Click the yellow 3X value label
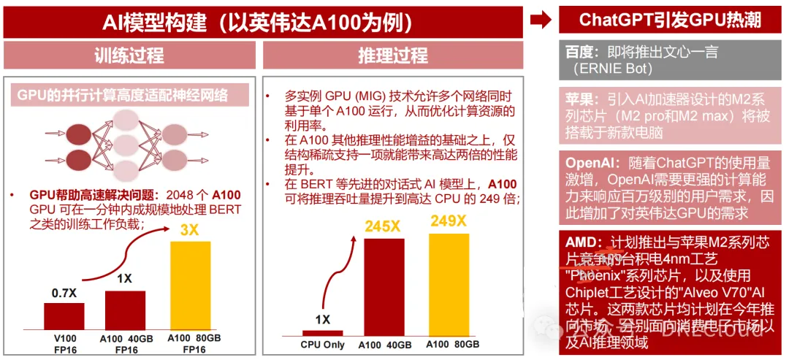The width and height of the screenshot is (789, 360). [188, 231]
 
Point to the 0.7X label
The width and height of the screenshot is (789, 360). [64, 293]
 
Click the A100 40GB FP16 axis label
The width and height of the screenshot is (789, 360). [125, 343]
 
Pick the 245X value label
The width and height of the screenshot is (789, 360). [383, 226]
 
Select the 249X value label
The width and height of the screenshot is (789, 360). [448, 221]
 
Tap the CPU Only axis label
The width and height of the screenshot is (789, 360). [322, 344]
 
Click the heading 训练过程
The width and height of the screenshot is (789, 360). [129, 55]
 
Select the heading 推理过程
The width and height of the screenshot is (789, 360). [392, 55]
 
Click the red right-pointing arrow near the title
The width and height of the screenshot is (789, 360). [541, 20]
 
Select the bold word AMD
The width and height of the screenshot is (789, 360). [580, 242]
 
